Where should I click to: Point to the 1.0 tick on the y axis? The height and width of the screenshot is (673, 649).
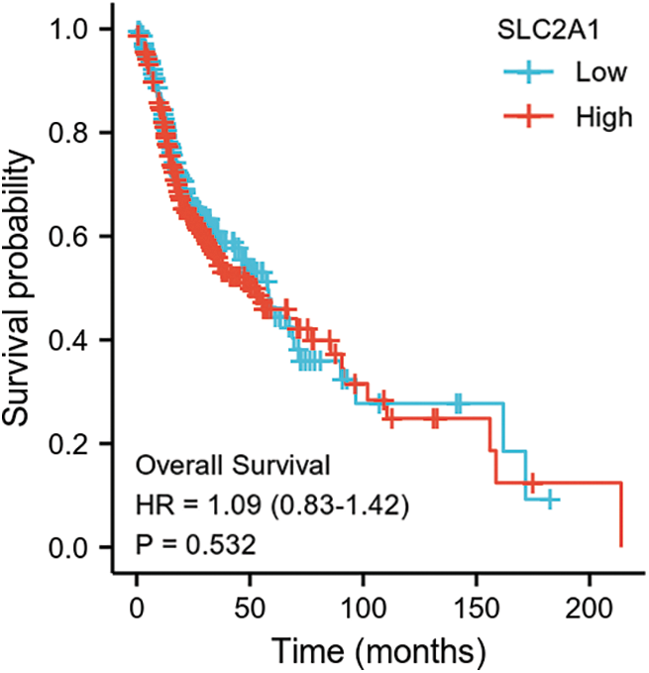[x=75, y=30]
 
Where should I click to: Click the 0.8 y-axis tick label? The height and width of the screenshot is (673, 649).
[x=75, y=133]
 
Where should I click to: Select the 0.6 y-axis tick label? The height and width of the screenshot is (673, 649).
[x=75, y=237]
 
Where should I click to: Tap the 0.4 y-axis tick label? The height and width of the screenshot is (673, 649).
[x=75, y=341]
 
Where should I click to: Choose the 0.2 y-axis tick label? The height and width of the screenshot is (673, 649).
[x=75, y=444]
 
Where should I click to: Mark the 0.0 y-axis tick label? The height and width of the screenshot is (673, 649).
[x=75, y=548]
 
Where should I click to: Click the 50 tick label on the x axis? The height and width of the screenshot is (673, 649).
[x=251, y=604]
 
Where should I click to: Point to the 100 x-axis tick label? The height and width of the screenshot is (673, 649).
[x=364, y=604]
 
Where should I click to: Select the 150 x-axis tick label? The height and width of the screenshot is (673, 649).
[x=477, y=604]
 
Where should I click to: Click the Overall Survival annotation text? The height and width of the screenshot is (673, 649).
[x=233, y=464]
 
